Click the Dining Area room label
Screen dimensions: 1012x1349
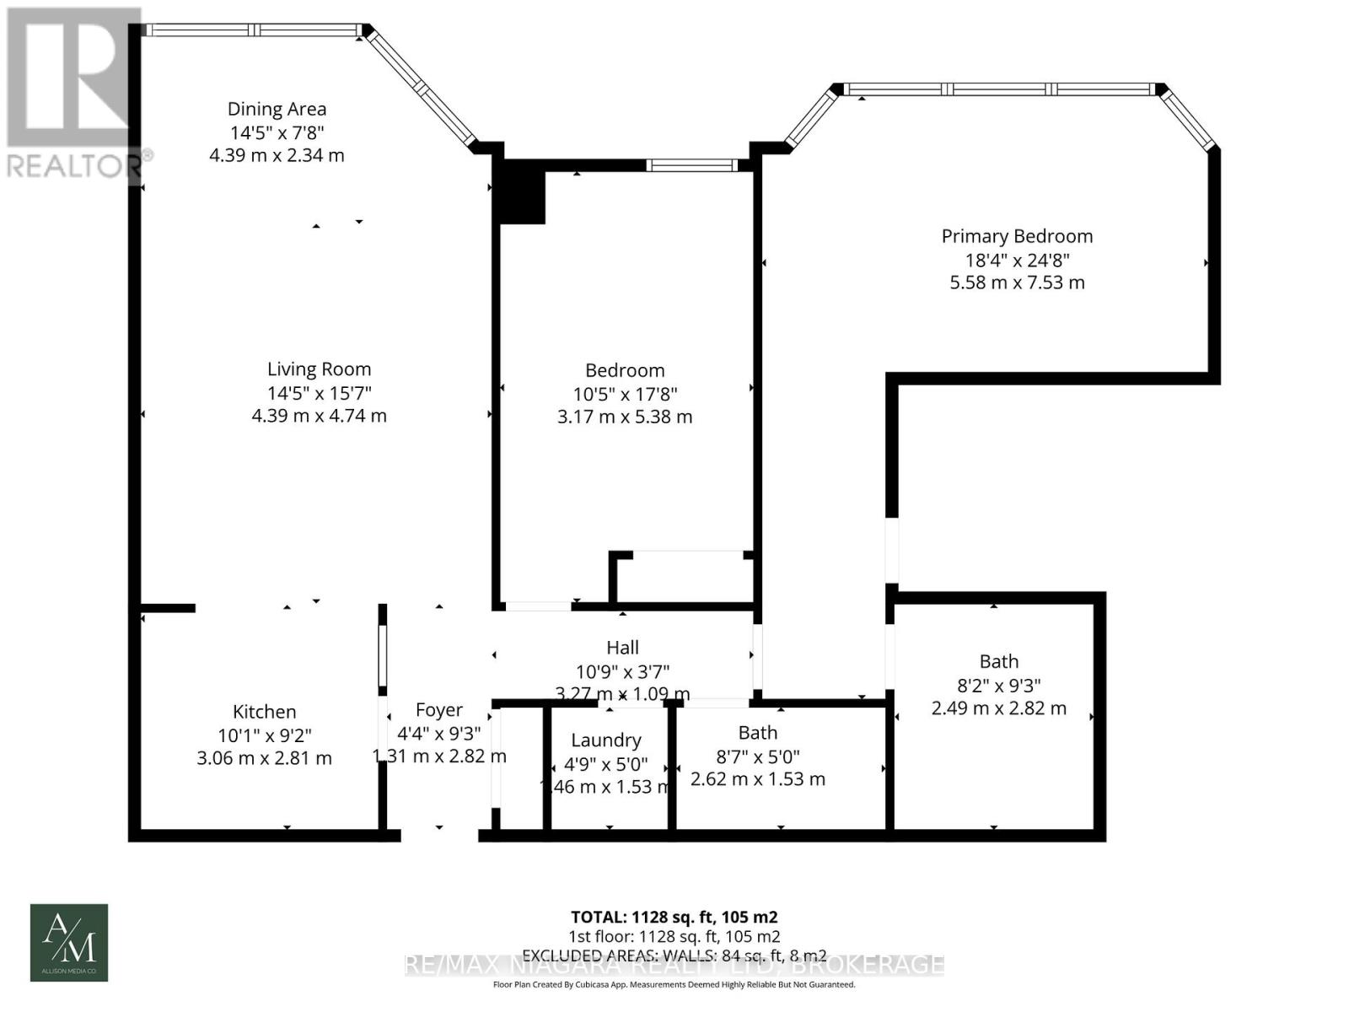coord(277,109)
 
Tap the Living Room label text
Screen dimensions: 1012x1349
coord(319,369)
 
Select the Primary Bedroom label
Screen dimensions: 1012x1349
coord(1017,237)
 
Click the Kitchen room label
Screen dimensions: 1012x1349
coord(264,712)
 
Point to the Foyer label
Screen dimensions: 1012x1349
coord(438,710)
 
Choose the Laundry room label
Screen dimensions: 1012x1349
coord(605,740)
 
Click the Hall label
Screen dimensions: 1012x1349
coord(622,648)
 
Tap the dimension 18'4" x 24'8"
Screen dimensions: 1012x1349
coord(1017,260)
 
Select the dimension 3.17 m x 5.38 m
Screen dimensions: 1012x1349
coord(624,417)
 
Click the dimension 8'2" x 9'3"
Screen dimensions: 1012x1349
coord(998,686)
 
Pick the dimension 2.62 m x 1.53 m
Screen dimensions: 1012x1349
coord(757,779)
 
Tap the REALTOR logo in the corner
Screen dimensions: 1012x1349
coord(73,93)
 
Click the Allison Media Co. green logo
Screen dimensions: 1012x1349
coord(69,943)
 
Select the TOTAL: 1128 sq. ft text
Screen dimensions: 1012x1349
coord(674,917)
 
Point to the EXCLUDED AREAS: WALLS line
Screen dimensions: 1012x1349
coord(674,955)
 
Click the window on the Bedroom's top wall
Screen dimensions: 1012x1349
coord(692,165)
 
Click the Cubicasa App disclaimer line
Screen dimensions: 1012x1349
coord(674,984)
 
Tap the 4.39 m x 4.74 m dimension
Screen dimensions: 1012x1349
coord(319,416)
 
